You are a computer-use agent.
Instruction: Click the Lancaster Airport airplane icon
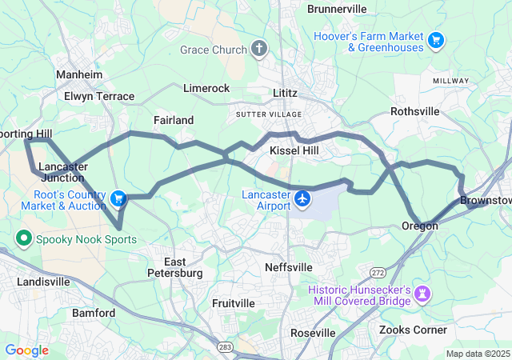coord(302,198)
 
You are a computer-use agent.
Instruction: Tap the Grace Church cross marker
coord(258,49)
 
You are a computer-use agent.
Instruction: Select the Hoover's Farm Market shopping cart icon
coord(435,40)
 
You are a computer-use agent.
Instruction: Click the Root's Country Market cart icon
coord(118,198)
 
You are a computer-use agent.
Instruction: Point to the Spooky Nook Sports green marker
coord(23,238)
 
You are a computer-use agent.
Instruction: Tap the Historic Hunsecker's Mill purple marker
coord(422,294)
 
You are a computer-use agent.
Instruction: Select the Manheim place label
coord(79,74)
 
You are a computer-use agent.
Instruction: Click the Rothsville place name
coord(414,111)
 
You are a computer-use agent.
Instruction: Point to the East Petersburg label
coord(175,267)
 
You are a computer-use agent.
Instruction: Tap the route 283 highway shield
coord(226,346)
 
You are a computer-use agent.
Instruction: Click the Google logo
coord(26,350)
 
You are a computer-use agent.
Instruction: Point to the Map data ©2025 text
coord(477,354)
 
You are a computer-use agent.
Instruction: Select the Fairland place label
coord(174,120)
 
